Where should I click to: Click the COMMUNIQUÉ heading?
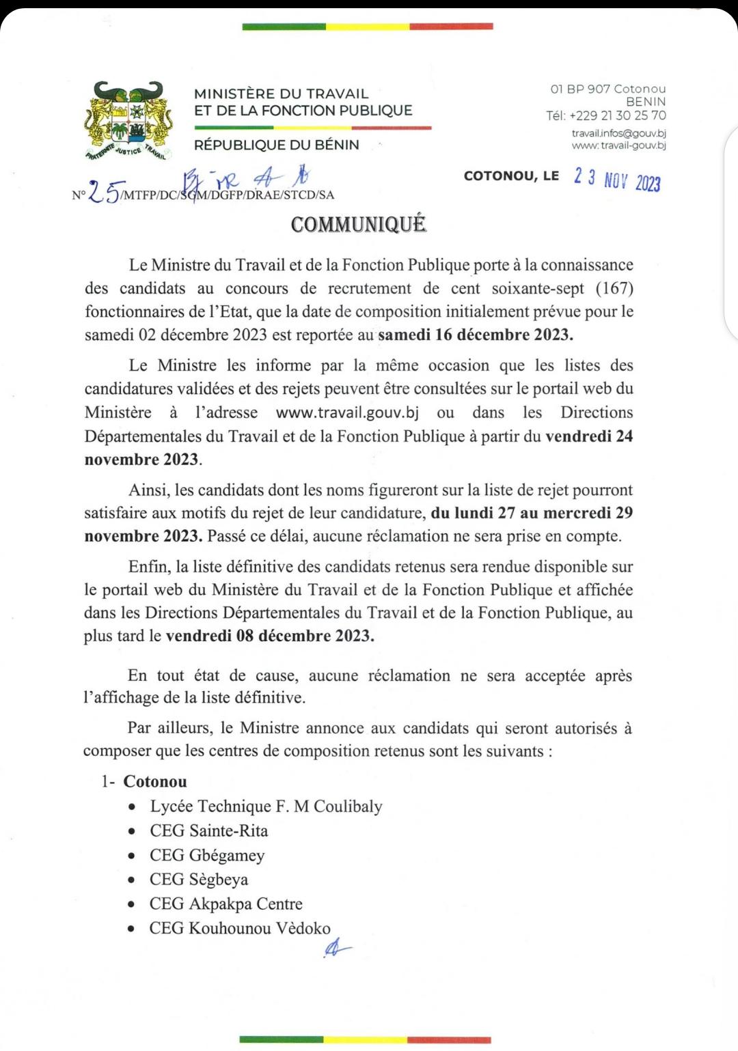click(x=359, y=224)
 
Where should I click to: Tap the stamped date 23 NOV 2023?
click(x=617, y=180)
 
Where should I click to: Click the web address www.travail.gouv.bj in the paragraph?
click(x=347, y=412)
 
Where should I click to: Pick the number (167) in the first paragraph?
click(x=614, y=288)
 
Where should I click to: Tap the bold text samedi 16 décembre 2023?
click(x=476, y=335)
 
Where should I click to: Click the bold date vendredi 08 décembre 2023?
click(x=270, y=636)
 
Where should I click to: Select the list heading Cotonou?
click(x=155, y=781)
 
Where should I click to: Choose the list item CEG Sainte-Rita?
click(x=208, y=830)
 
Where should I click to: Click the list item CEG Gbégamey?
click(x=206, y=855)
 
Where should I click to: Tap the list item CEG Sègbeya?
click(x=198, y=879)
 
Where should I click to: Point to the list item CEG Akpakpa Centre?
click(x=225, y=903)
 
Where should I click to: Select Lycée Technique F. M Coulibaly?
click(x=266, y=806)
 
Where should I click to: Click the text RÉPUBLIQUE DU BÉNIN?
click(x=277, y=145)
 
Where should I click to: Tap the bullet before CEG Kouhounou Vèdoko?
click(x=132, y=929)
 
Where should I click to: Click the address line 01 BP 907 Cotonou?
click(x=607, y=89)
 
